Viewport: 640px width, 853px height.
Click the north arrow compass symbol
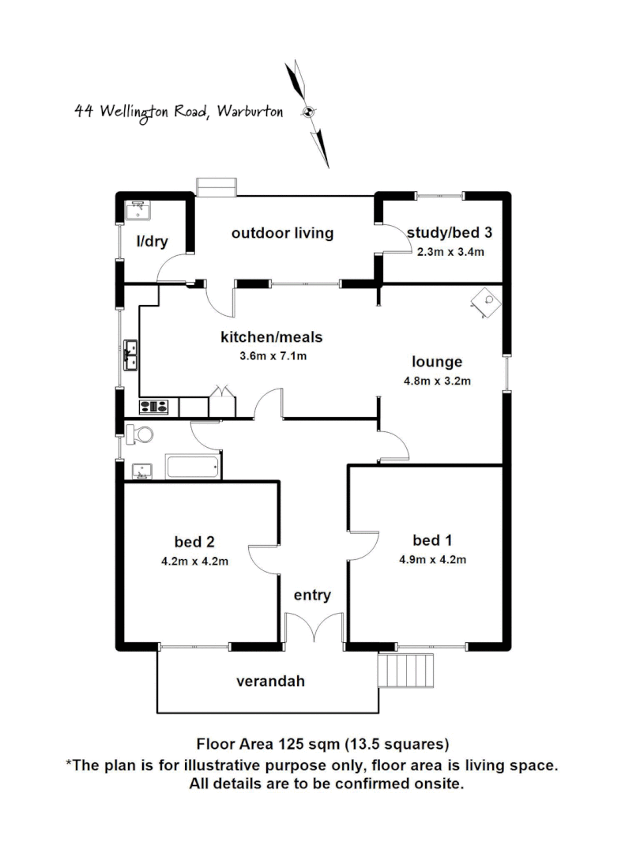[309, 111]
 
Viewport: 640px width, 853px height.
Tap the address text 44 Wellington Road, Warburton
[179, 111]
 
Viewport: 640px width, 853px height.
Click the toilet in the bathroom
[140, 434]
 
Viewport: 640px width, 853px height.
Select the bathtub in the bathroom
[193, 467]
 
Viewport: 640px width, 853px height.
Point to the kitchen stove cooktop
[154, 408]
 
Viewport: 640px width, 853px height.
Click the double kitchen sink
[130, 355]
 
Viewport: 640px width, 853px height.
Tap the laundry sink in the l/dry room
[138, 211]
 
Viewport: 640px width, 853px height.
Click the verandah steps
[408, 671]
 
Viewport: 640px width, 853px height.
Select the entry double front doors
[314, 629]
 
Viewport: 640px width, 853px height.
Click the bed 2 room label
[194, 542]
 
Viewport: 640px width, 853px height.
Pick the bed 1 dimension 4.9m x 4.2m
[433, 561]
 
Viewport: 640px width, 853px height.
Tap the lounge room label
[437, 363]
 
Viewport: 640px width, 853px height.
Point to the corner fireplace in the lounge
[488, 301]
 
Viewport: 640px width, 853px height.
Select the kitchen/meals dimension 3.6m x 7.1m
[272, 355]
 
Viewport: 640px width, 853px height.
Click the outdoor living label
[282, 233]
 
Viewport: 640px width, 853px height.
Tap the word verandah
[270, 681]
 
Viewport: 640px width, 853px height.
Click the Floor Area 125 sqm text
[322, 743]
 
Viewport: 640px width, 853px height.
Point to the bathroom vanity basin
[141, 471]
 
